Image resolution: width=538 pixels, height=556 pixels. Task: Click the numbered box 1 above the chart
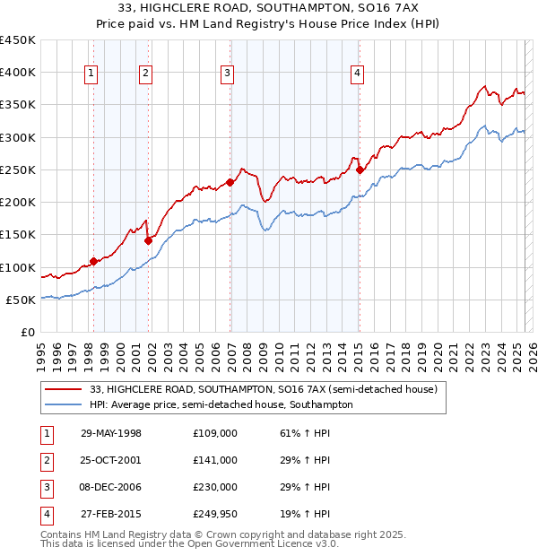pos(92,74)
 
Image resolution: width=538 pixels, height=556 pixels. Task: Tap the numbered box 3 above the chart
pos(228,74)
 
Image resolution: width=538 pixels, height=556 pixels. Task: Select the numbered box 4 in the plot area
pos(357,74)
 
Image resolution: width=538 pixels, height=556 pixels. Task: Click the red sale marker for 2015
pos(360,169)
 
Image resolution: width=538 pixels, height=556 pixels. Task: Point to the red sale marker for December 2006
pos(230,182)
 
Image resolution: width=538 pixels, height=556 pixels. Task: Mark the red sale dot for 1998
pos(93,261)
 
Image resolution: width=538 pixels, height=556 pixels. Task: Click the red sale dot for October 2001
pos(148,240)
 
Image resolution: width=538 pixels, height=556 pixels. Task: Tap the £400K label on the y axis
pos(18,73)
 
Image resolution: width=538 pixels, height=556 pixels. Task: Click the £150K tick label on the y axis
pos(18,235)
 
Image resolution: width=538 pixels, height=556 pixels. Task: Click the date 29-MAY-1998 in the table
pos(111,433)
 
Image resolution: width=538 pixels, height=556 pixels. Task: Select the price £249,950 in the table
pos(215,514)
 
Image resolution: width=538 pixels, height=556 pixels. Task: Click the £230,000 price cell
pos(215,487)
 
